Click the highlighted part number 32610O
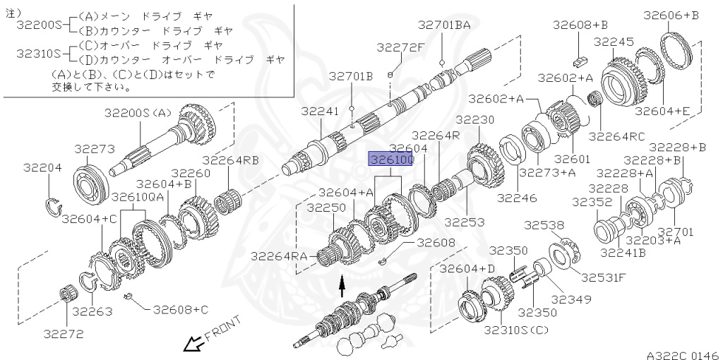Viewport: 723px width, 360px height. pos(391,161)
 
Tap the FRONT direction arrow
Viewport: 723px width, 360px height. pos(191,344)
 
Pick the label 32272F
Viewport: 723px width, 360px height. pos(400,47)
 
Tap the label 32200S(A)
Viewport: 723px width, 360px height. pos(138,112)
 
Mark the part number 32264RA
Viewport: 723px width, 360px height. pos(278,256)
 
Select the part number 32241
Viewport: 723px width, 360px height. pos(320,111)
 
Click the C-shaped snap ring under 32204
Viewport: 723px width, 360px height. pos(54,205)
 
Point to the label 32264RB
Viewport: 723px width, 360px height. pos(231,160)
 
